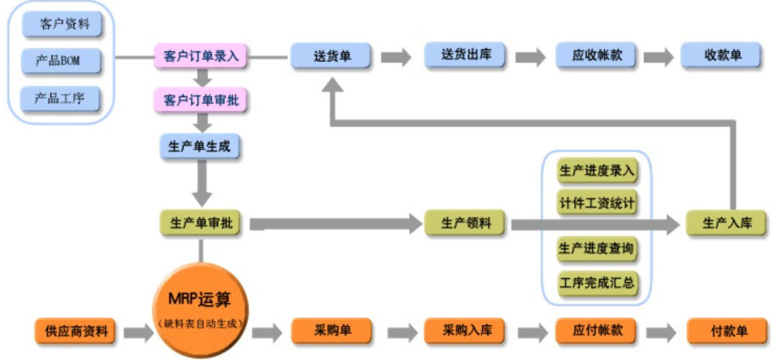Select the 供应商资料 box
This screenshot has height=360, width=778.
[x=76, y=332]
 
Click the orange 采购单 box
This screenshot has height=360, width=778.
[x=332, y=331]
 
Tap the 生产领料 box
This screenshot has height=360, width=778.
[x=465, y=223]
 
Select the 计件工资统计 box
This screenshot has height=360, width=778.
[x=597, y=203]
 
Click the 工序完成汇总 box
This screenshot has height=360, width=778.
[x=597, y=283]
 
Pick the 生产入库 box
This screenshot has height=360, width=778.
[x=727, y=223]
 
